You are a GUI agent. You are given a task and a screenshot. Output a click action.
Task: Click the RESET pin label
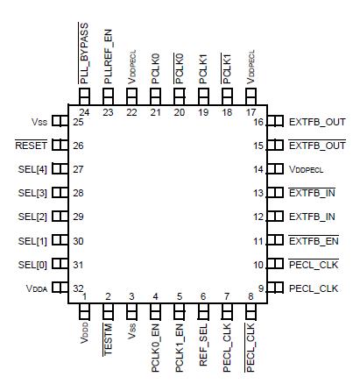(31, 146)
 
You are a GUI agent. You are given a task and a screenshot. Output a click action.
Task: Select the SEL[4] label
(33, 169)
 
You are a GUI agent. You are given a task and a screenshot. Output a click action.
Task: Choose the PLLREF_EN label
(108, 58)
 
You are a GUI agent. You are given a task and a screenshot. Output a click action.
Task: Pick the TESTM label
(109, 336)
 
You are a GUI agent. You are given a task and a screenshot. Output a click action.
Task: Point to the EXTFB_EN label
(316, 240)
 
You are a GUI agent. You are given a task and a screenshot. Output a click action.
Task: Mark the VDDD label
(85, 332)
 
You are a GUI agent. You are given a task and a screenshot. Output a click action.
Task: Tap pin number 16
(258, 122)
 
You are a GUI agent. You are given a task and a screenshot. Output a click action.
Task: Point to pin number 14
(258, 169)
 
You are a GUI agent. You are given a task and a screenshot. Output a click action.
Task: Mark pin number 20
(180, 112)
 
